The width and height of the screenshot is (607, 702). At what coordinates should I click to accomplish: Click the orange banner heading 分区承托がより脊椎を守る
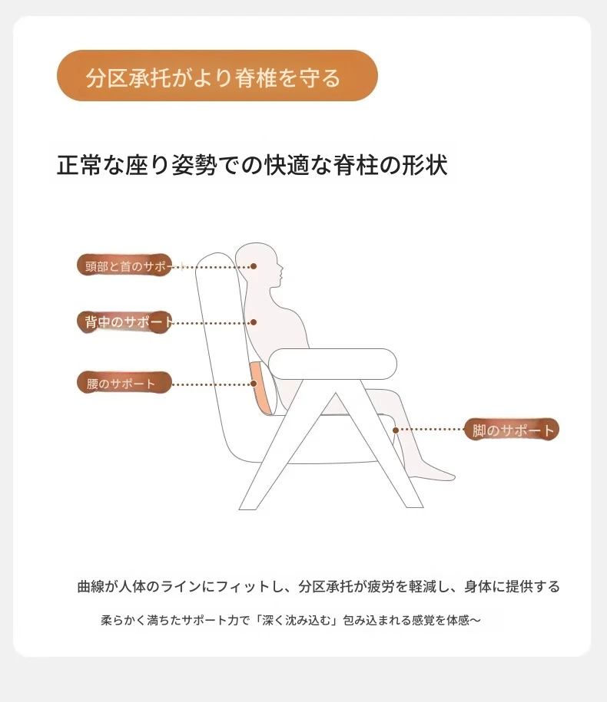tap(217, 76)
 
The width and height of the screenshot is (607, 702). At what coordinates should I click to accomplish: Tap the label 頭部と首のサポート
tap(124, 265)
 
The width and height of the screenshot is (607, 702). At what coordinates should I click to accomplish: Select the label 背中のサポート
tap(124, 322)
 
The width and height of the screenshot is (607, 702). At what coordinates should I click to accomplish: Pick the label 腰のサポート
tap(124, 384)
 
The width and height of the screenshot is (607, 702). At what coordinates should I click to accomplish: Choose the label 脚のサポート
tap(512, 430)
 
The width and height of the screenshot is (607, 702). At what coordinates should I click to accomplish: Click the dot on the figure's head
tap(254, 266)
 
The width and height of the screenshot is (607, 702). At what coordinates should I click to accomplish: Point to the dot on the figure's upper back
tap(254, 322)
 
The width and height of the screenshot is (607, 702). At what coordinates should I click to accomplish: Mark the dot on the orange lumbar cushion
tap(254, 384)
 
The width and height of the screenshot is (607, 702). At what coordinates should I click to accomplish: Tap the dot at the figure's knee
tap(396, 430)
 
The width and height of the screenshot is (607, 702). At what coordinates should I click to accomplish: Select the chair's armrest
tap(333, 364)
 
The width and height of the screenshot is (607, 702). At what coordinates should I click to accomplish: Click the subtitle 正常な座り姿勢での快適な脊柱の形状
tap(252, 165)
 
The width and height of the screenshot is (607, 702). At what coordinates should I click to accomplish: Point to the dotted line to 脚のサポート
tap(431, 430)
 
